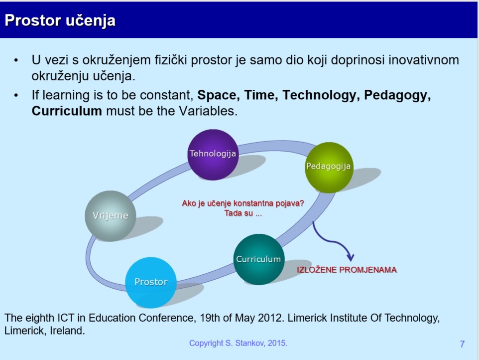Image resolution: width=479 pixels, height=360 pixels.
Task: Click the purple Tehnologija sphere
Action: [213, 155]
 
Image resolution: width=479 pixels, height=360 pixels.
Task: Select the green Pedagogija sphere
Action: [329, 168]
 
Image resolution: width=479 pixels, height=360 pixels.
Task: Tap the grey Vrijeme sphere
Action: [110, 216]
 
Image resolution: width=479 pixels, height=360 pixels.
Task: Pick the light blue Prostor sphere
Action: [151, 282]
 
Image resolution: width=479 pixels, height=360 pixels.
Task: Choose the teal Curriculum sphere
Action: [259, 259]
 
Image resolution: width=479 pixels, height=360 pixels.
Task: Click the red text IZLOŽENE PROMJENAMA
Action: [347, 270]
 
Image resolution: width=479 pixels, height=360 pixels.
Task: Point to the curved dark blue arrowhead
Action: [351, 257]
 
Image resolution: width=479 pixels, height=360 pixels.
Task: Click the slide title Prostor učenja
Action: [60, 20]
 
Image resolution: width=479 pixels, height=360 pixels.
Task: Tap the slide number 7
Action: [462, 344]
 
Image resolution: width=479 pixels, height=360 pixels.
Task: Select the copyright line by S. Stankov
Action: [239, 343]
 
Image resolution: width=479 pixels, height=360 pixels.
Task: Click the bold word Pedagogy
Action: [397, 95]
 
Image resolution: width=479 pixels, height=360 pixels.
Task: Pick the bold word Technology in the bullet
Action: [319, 95]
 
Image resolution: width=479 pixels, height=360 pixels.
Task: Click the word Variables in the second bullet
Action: [208, 111]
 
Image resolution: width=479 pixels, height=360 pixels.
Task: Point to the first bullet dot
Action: [16, 60]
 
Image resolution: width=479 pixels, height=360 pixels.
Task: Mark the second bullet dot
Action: [16, 96]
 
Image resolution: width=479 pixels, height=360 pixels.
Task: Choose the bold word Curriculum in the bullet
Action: [67, 111]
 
